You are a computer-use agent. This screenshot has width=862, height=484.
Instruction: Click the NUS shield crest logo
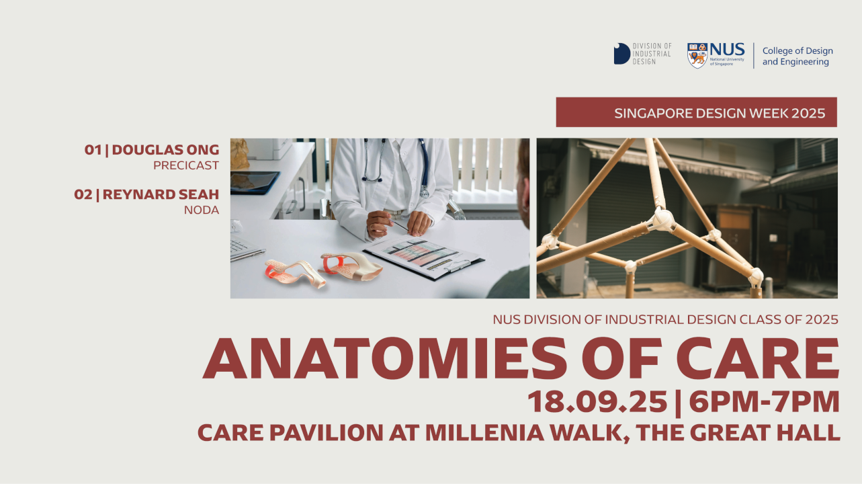pyautogui.click(x=697, y=55)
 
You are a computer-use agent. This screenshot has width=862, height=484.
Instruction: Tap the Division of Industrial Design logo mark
pyautogui.click(x=621, y=54)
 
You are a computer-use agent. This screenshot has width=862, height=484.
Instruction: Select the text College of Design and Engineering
pyautogui.click(x=798, y=56)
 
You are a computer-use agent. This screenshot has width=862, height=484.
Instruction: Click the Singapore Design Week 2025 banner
pyautogui.click(x=696, y=112)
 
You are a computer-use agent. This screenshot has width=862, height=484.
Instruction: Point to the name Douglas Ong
pyautogui.click(x=165, y=150)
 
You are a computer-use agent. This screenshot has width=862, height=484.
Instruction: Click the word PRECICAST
pyautogui.click(x=186, y=165)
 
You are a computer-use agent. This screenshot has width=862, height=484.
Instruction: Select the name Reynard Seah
pyautogui.click(x=161, y=194)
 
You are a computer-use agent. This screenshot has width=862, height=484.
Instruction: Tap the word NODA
pyautogui.click(x=202, y=210)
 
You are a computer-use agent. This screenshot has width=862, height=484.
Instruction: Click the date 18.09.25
pyautogui.click(x=597, y=402)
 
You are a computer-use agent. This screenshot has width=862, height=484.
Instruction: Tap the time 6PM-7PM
pyautogui.click(x=764, y=402)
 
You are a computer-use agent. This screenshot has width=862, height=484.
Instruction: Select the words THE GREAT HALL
pyautogui.click(x=738, y=432)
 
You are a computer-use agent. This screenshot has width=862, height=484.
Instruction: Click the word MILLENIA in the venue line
pyautogui.click(x=484, y=432)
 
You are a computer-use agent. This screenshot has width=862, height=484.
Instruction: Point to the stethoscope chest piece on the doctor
pyautogui.click(x=424, y=192)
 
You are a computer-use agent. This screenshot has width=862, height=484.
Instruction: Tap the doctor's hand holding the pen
pyautogui.click(x=379, y=224)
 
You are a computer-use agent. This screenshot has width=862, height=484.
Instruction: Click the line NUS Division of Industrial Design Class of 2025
pyautogui.click(x=665, y=319)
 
